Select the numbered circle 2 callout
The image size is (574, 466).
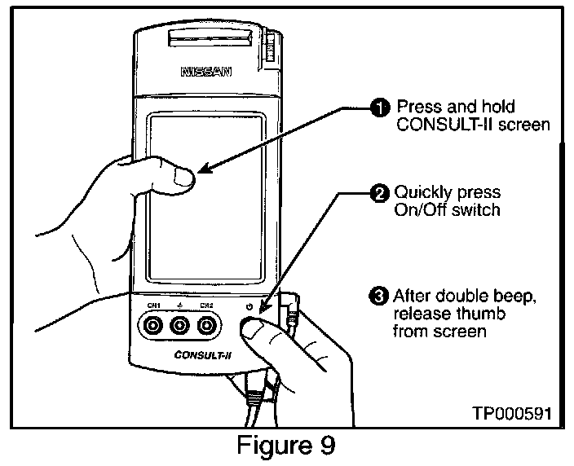point(380,194)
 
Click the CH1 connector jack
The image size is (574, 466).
point(152,328)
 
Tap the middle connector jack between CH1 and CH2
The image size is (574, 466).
point(179,328)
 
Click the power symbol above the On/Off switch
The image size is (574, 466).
point(249,307)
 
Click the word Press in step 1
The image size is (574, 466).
point(416,108)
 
